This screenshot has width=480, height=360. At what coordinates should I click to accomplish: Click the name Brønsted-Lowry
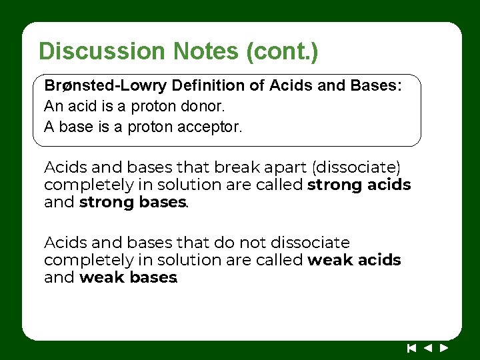pyautogui.click(x=105, y=86)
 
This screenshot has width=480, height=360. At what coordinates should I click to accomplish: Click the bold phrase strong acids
pyautogui.click(x=359, y=185)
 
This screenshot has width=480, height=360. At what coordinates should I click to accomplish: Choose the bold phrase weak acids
pyautogui.click(x=354, y=260)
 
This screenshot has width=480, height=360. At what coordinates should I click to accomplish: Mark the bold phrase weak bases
pyautogui.click(x=127, y=277)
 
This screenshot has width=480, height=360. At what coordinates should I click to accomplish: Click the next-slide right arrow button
pyautogui.click(x=444, y=347)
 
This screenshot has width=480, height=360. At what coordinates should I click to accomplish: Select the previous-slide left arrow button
pyautogui.click(x=428, y=347)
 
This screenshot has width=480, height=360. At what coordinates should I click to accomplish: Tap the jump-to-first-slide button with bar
pyautogui.click(x=411, y=347)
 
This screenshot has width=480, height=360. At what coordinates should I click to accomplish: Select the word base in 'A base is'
pyautogui.click(x=77, y=126)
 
